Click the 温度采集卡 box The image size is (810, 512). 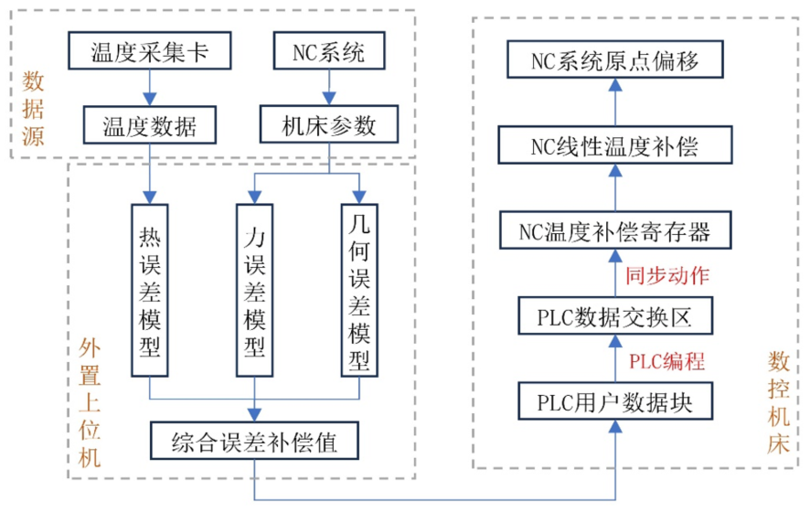click(x=149, y=53)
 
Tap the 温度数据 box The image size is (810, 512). click(x=149, y=125)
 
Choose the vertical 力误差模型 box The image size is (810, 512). click(x=254, y=290)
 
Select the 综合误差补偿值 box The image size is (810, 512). click(x=254, y=444)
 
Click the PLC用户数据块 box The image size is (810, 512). click(x=616, y=401)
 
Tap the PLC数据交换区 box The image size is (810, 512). click(x=616, y=317)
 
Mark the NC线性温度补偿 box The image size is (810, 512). click(x=616, y=145)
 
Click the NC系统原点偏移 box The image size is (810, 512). click(x=616, y=61)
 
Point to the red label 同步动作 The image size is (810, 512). click(x=666, y=274)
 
